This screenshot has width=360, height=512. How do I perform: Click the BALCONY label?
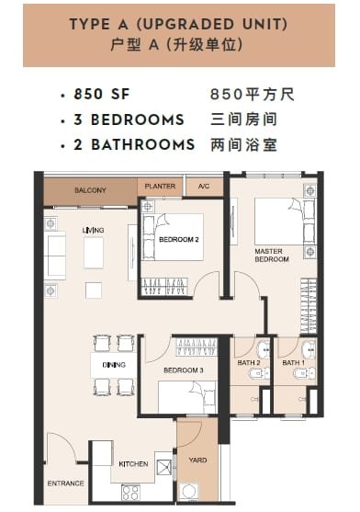90,190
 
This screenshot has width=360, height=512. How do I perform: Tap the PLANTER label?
160,186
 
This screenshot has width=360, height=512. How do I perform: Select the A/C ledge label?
204,187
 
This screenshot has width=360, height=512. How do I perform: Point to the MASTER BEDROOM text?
272,256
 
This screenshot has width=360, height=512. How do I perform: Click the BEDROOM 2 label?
179,240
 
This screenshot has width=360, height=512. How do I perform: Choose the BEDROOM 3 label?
184,370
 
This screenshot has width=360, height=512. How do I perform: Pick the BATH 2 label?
249,363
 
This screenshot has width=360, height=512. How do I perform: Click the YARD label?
197,461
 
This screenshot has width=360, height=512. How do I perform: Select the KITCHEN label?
133,464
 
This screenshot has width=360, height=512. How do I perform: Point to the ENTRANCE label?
65,484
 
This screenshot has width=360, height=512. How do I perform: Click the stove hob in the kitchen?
130,493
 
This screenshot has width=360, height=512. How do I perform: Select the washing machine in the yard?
189,492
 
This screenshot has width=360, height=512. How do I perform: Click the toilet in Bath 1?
304,373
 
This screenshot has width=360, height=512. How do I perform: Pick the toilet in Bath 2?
260,373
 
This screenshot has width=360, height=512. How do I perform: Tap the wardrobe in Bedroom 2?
164,287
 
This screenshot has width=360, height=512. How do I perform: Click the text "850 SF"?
102,95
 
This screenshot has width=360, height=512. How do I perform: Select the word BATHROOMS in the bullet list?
143,144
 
